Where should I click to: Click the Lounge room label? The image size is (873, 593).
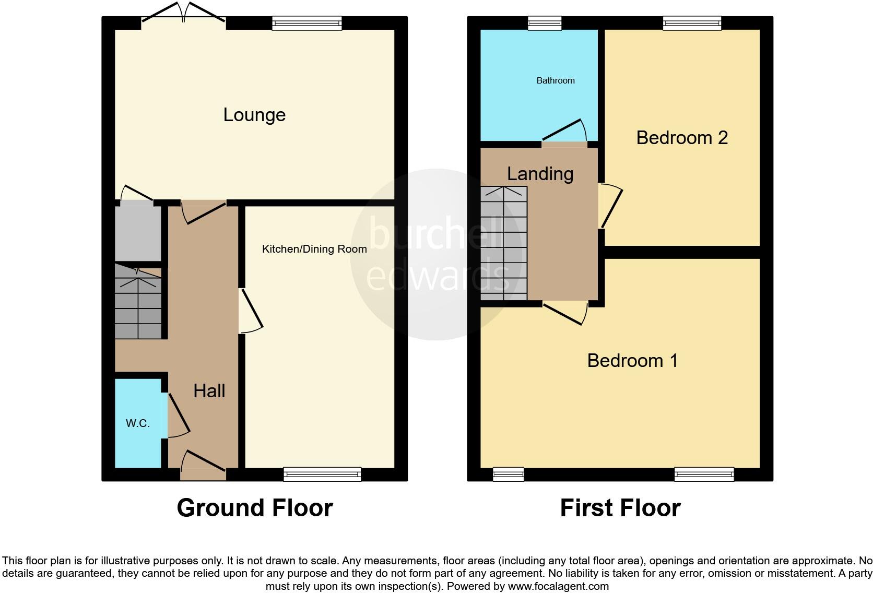click(254, 115)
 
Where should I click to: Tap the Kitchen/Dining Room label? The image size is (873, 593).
click(314, 249)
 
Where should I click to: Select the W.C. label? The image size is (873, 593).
click(138, 423)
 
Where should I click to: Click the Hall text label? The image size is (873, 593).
click(209, 390)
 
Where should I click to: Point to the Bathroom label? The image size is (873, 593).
click(556, 80)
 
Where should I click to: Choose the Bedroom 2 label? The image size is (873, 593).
click(682, 138)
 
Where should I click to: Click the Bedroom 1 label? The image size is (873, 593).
click(632, 361)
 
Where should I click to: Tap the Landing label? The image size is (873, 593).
click(540, 174)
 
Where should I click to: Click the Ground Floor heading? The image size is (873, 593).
click(254, 508)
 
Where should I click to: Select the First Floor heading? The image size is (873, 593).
click(620, 508)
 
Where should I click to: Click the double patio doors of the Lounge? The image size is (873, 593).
click(183, 16)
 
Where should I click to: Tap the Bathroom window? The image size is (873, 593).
click(545, 23)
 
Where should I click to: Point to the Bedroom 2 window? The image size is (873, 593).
click(692, 23)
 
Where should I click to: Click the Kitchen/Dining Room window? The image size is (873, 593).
click(322, 474)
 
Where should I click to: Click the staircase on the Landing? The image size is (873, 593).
click(503, 243)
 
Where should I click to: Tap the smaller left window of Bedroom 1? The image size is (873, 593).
click(508, 474)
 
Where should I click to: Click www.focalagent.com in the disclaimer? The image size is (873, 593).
click(558, 586)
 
